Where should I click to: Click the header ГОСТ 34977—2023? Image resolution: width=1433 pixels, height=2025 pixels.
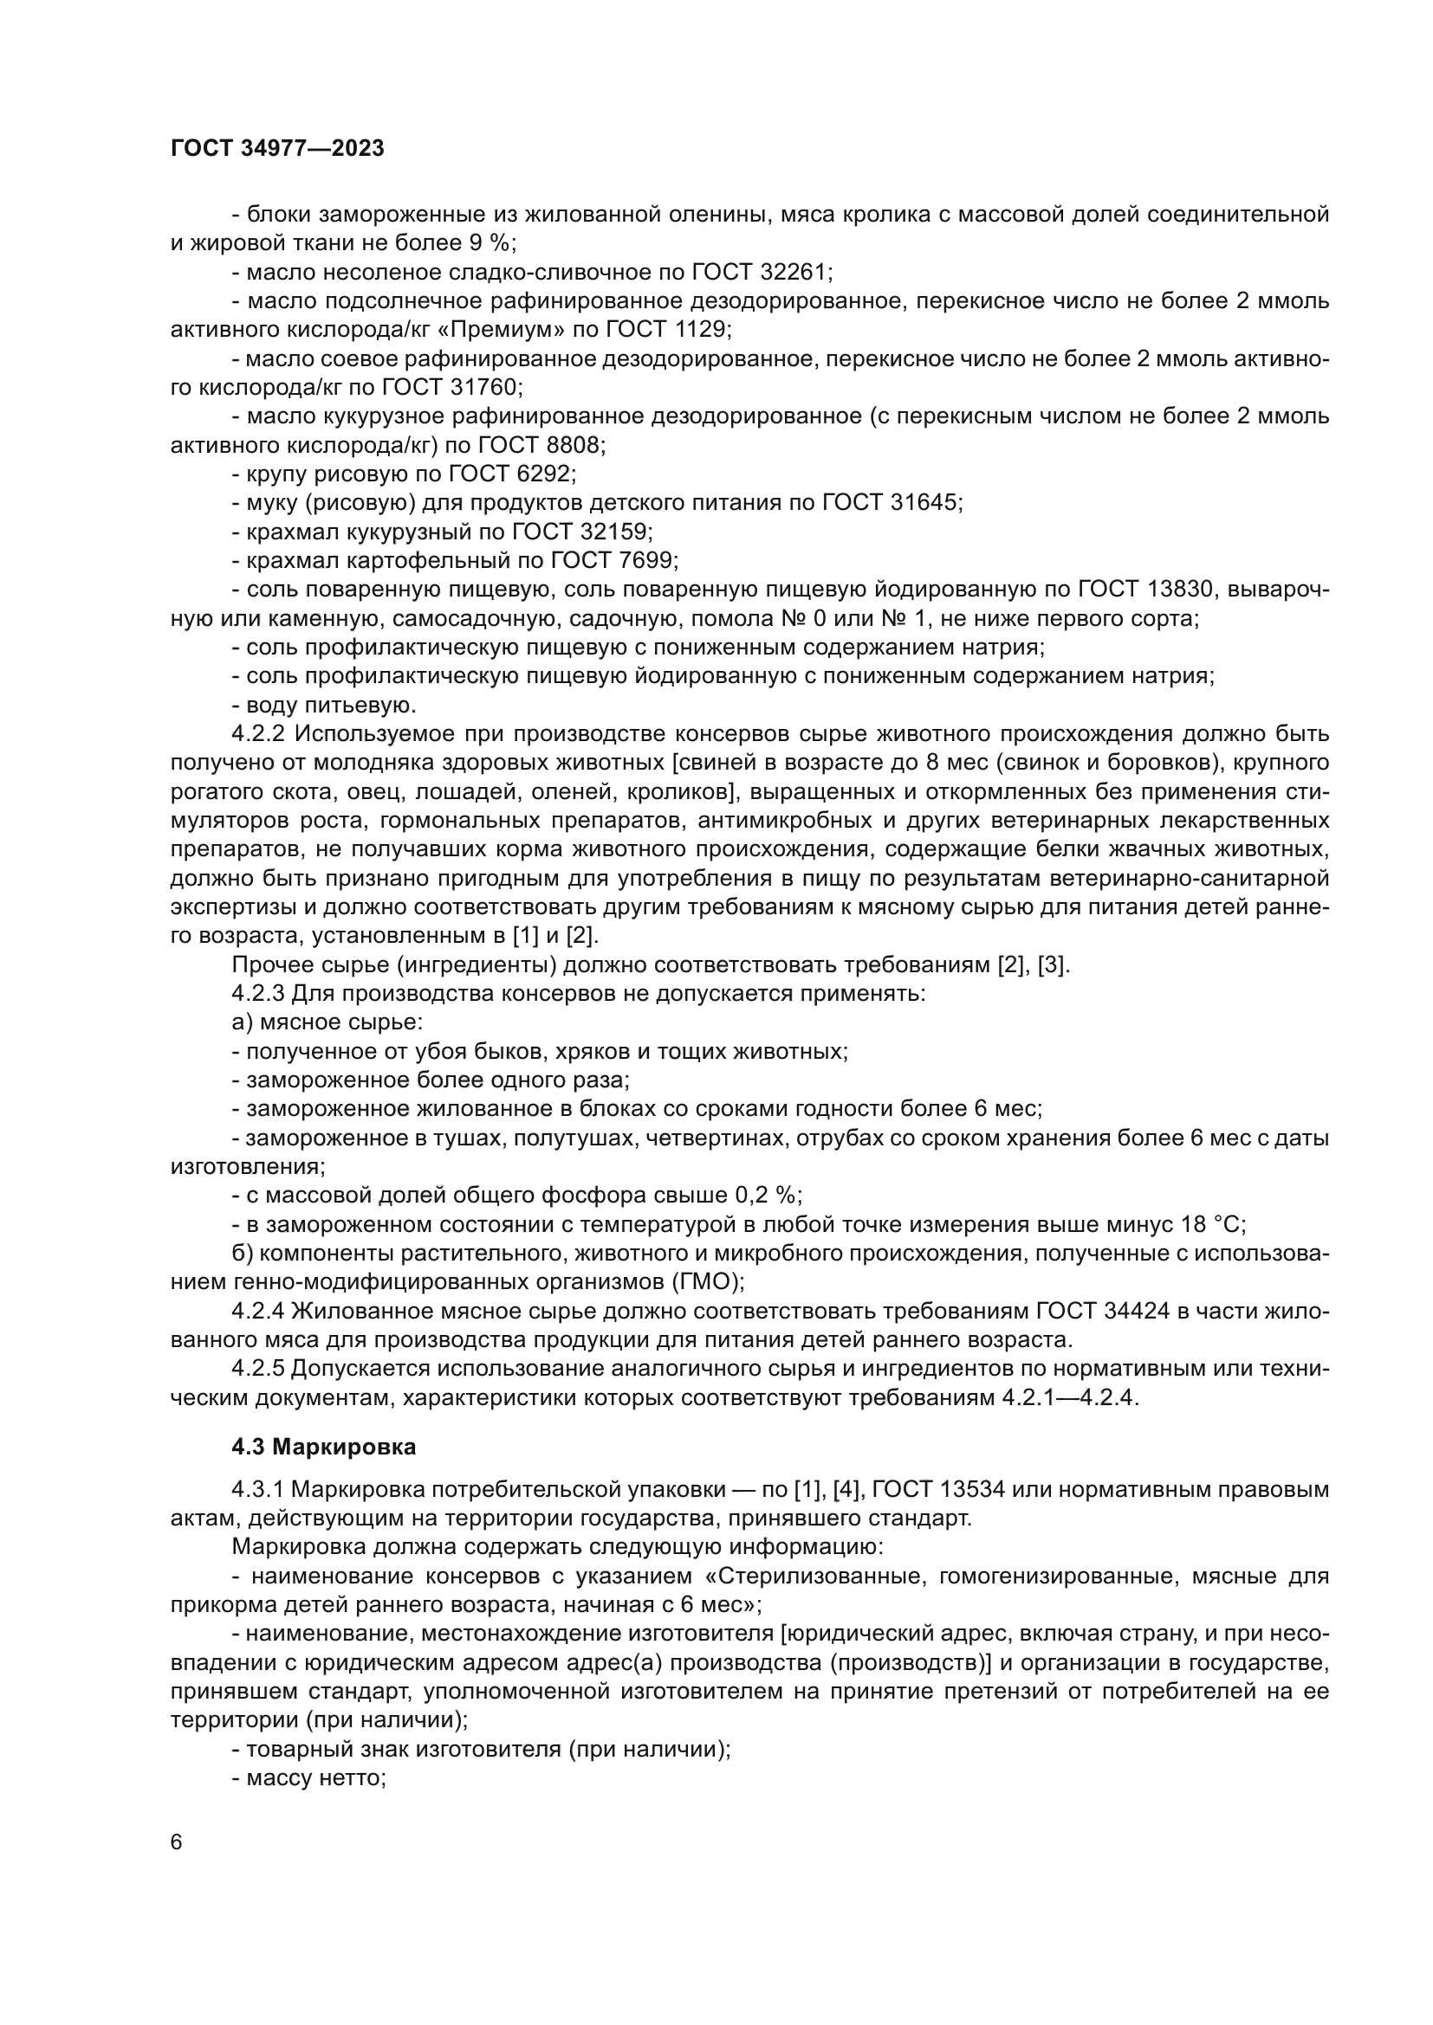(277, 148)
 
